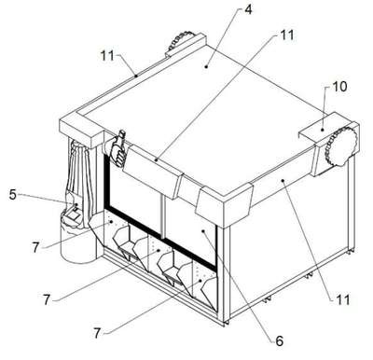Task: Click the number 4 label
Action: click(x=248, y=9)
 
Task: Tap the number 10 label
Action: click(x=339, y=87)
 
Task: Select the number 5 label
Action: click(x=12, y=195)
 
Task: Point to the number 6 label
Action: click(x=280, y=341)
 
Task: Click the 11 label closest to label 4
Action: click(x=287, y=35)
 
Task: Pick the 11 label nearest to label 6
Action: click(x=343, y=299)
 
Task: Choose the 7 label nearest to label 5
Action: click(x=35, y=247)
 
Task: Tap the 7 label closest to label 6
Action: click(x=97, y=334)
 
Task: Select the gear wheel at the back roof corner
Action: click(x=179, y=40)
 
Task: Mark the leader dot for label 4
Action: click(x=206, y=66)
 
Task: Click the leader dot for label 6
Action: click(x=203, y=231)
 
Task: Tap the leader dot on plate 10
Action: click(x=323, y=130)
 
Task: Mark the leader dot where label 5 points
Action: click(x=76, y=204)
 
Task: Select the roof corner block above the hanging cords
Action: click(x=81, y=131)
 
